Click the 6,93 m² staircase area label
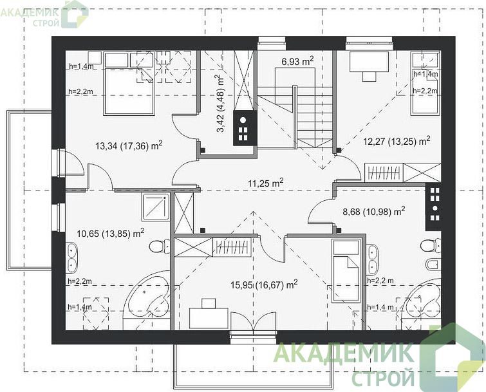[297, 61]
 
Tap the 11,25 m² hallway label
[266, 183]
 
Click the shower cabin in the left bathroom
[156, 207]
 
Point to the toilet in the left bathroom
[159, 247]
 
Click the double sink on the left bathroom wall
[72, 257]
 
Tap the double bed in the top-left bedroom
[129, 84]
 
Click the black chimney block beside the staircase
[245, 128]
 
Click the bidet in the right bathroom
[433, 265]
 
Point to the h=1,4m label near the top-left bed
[81, 66]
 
